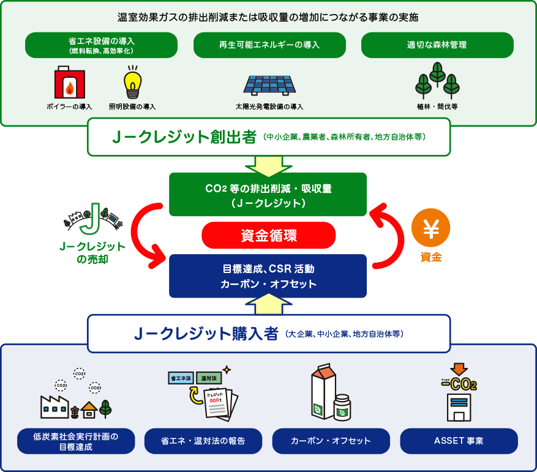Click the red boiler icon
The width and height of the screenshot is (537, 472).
[x=69, y=83]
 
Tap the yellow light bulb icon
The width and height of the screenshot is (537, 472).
[x=132, y=83]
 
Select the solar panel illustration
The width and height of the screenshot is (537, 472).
[x=269, y=85]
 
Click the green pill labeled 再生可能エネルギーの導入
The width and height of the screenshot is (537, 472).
[x=269, y=45]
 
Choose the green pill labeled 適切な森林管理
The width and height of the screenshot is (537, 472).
[x=437, y=45]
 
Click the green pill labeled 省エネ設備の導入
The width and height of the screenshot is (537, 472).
[x=101, y=45]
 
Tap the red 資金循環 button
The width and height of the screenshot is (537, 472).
[x=269, y=235]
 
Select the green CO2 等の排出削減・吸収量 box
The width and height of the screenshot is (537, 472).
[x=268, y=194]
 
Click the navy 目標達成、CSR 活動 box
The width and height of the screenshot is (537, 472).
[x=268, y=276]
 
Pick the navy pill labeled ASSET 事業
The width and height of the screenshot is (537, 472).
[x=459, y=441]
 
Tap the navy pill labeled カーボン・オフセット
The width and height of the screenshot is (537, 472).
[x=331, y=441]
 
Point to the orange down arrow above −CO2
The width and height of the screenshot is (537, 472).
[x=459, y=369]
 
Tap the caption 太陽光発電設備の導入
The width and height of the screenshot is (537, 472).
[x=269, y=107]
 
